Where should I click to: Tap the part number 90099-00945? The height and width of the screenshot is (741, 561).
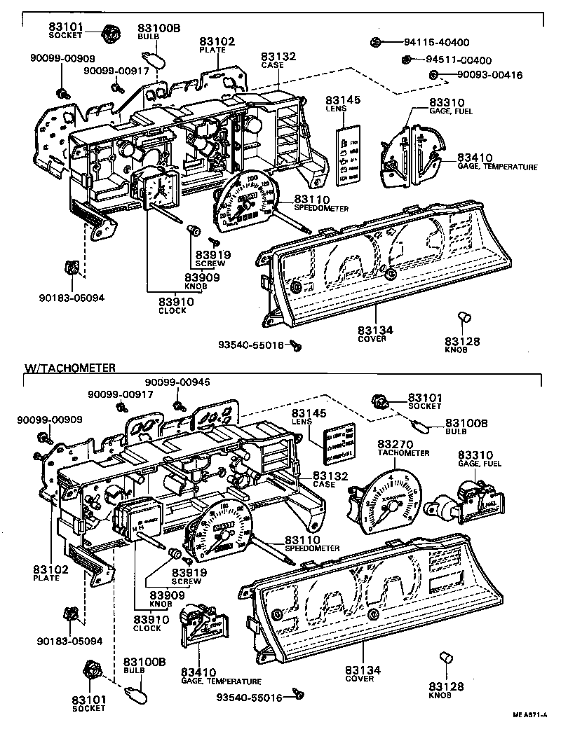177,382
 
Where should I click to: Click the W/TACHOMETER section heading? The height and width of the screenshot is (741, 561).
69,367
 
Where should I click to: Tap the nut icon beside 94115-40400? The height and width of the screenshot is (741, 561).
376,43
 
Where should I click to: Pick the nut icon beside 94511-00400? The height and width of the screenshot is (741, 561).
406,60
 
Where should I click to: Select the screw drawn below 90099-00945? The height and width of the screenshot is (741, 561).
179,403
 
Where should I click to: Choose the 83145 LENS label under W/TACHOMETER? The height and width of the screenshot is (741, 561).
306,420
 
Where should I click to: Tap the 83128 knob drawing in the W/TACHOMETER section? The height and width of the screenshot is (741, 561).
445,658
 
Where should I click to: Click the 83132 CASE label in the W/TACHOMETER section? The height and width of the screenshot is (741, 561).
324,478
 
